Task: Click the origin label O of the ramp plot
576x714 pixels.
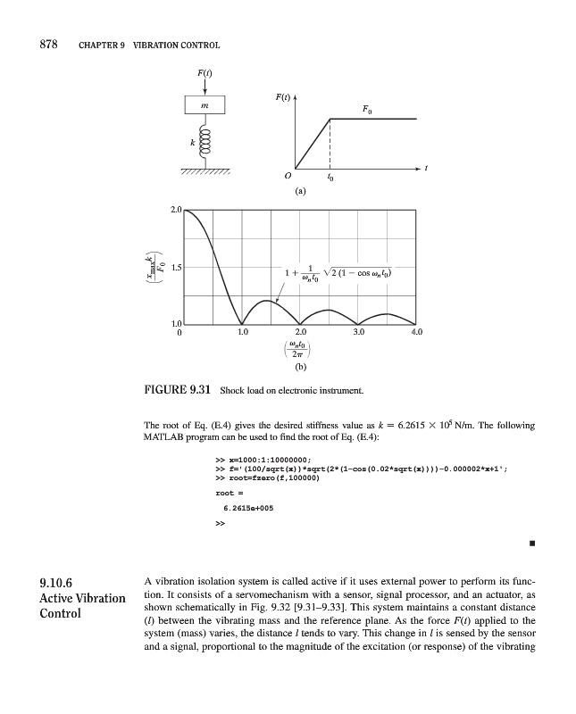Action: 287,175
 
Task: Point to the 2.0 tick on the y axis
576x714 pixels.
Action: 175,211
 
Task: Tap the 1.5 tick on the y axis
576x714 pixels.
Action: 175,267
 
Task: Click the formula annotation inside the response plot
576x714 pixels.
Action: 338,273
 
